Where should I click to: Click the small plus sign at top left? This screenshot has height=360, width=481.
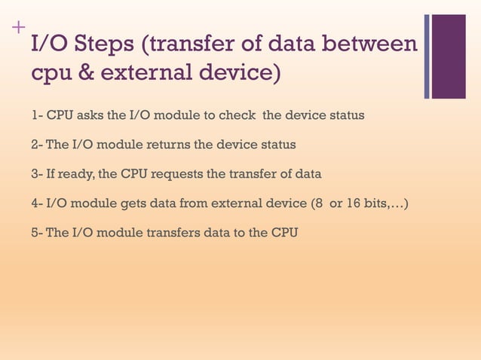pos(17,29)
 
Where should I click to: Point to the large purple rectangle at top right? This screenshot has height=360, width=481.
pos(449,56)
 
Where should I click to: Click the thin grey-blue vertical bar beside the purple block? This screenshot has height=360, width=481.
pos(427,56)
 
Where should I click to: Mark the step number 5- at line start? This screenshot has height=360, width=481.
pos(36,232)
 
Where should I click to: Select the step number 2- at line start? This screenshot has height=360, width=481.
pos(36,144)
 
